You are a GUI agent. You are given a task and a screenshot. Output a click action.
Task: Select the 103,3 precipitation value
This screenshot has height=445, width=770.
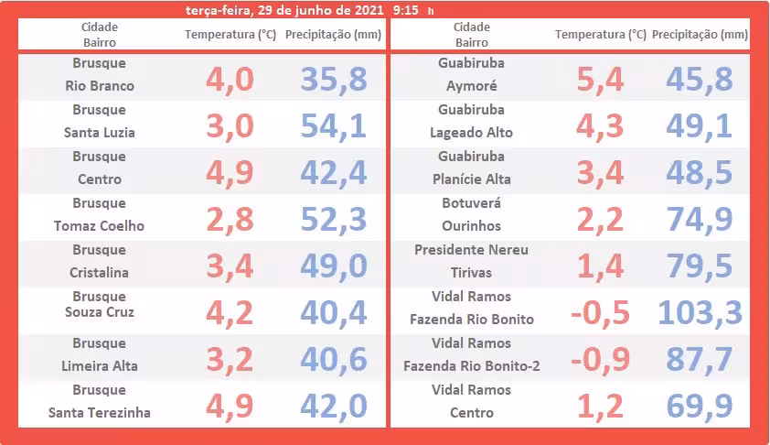[700, 312]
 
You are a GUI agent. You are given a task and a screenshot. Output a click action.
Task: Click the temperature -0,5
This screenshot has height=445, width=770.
[600, 312]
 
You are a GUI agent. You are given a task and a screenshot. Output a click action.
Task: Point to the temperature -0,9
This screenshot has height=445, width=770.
[600, 359]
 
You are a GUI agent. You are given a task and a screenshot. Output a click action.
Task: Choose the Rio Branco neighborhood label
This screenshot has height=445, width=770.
[100, 86]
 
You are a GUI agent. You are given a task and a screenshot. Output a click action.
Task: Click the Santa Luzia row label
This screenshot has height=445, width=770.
[100, 132]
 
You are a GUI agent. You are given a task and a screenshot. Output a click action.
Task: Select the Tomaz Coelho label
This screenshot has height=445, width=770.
[100, 225]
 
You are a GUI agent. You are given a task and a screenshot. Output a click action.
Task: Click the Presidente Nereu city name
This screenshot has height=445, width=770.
[471, 249]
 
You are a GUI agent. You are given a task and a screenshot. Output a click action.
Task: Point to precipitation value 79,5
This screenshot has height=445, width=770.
[700, 266]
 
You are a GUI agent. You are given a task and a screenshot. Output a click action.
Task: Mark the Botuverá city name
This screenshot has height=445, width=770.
[471, 202]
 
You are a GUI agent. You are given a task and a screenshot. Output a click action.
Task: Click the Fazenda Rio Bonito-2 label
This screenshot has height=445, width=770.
[471, 366]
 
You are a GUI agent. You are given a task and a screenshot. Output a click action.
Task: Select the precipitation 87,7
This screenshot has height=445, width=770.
[700, 359]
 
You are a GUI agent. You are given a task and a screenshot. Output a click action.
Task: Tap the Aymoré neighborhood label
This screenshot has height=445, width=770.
[471, 86]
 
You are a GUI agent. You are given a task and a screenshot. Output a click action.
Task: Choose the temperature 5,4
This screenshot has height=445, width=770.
[600, 80]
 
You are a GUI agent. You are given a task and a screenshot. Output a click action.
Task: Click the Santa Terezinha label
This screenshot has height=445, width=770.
[100, 412]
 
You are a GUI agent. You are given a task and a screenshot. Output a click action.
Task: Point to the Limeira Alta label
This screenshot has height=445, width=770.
[100, 366]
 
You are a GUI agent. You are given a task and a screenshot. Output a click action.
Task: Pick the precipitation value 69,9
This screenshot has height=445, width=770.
[700, 406]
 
